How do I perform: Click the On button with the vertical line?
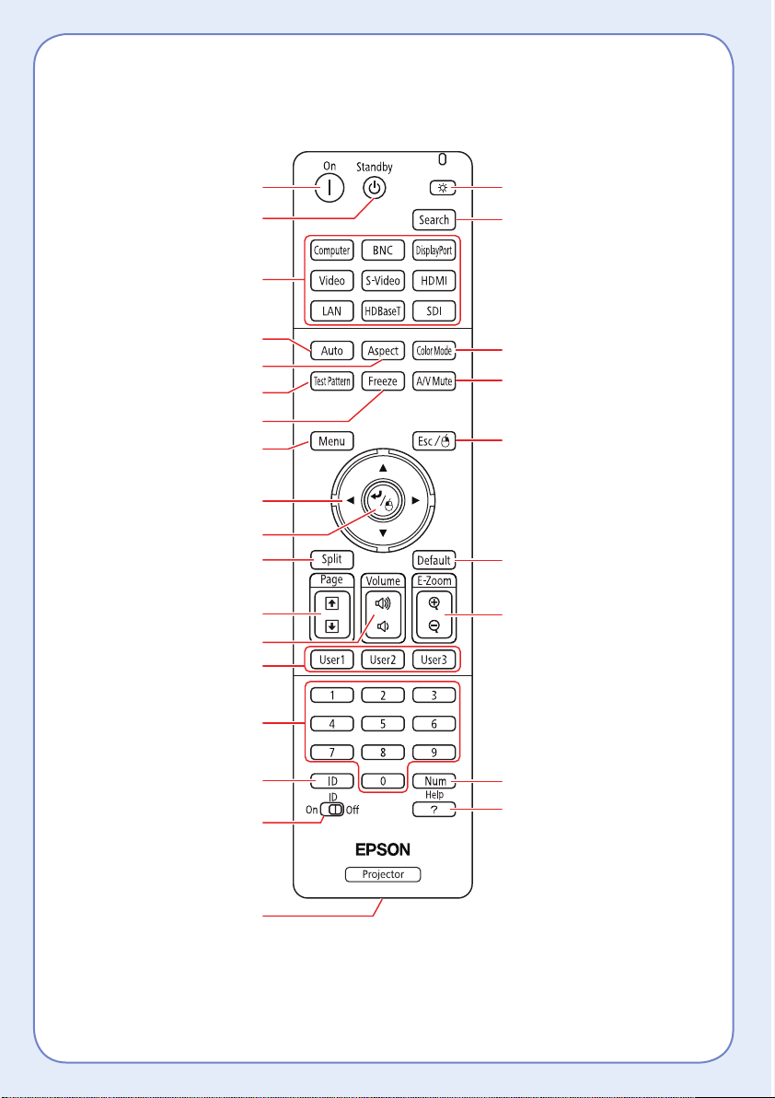[330, 188]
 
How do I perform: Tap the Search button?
[434, 220]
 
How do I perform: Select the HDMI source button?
[434, 279]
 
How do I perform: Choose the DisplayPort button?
[434, 250]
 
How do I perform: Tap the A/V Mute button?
[434, 381]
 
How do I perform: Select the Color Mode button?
[434, 351]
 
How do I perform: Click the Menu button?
[331, 441]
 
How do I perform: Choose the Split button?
[331, 559]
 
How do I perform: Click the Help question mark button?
[434, 810]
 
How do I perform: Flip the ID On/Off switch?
[332, 810]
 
